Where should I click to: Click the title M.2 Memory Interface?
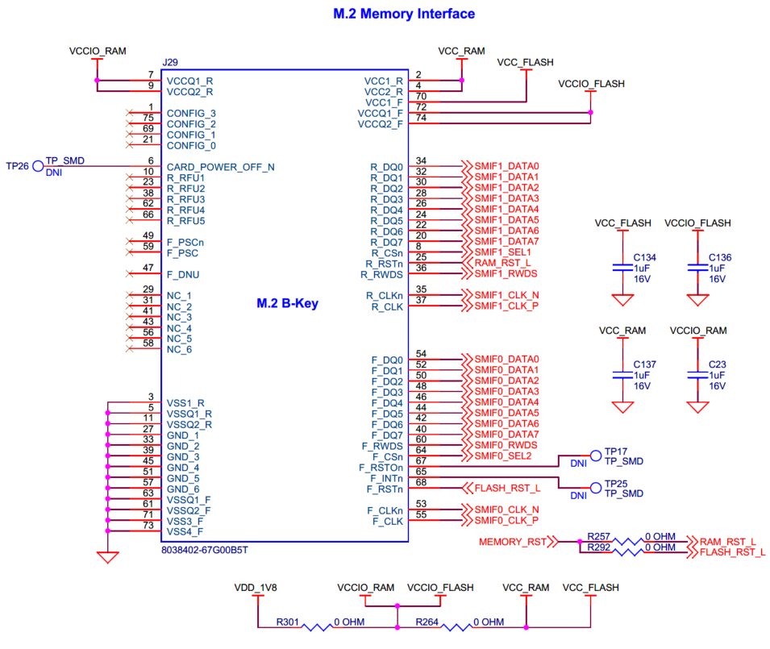tap(404, 14)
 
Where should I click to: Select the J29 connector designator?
tap(170, 62)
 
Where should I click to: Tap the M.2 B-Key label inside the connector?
tap(288, 304)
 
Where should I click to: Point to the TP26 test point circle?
tap(38, 166)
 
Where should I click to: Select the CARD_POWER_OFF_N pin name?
tap(220, 167)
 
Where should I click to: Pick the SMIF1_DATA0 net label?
tap(506, 166)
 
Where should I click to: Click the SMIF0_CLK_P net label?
tap(506, 521)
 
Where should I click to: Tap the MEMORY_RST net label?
tap(513, 542)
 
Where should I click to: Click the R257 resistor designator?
tap(599, 536)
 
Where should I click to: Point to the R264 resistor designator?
tap(428, 622)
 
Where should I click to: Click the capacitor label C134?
tap(645, 257)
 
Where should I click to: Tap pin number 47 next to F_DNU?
tap(148, 268)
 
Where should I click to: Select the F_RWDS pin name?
tap(382, 446)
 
